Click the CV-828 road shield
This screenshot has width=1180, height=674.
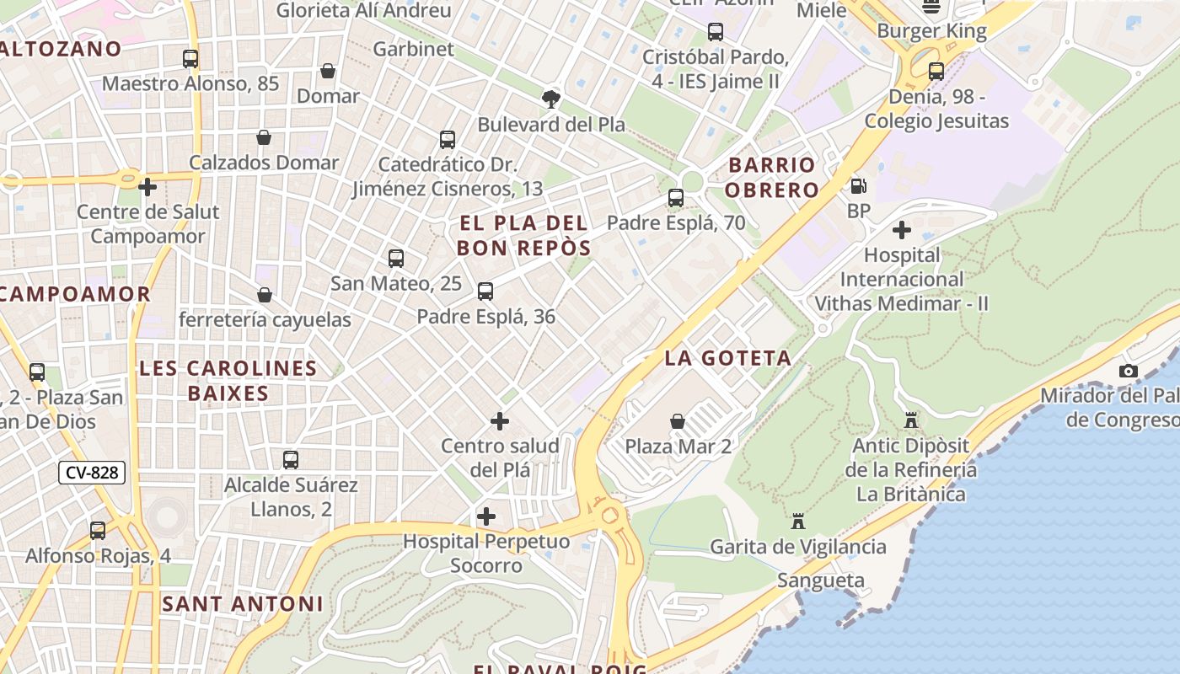pos(92,473)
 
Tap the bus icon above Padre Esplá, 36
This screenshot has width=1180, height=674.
pos(485,292)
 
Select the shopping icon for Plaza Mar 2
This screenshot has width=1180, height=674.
pos(678,420)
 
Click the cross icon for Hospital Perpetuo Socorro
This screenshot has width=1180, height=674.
pos(486,516)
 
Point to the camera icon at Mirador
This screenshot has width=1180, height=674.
pos(1128,371)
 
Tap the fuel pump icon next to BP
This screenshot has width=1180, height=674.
pos(858,185)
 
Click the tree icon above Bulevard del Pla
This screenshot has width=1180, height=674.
pos(551,99)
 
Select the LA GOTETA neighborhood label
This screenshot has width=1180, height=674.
pos(728,358)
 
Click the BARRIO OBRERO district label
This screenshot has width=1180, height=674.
pos(771,177)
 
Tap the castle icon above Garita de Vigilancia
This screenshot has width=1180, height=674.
pos(798,521)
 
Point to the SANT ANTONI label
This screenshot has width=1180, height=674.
pos(243,604)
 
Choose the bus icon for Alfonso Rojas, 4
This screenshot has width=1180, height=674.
pos(98,531)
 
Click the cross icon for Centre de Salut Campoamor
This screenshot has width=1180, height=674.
pos(148,186)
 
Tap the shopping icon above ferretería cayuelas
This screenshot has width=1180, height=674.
pos(265,295)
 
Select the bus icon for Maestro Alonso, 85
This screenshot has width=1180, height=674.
pos(190,59)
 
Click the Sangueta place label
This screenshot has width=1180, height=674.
pos(821,580)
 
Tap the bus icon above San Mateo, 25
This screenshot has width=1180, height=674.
pos(396,259)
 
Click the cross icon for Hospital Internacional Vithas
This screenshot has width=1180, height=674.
pos(902,229)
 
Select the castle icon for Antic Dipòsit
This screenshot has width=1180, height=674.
pos(911,420)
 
